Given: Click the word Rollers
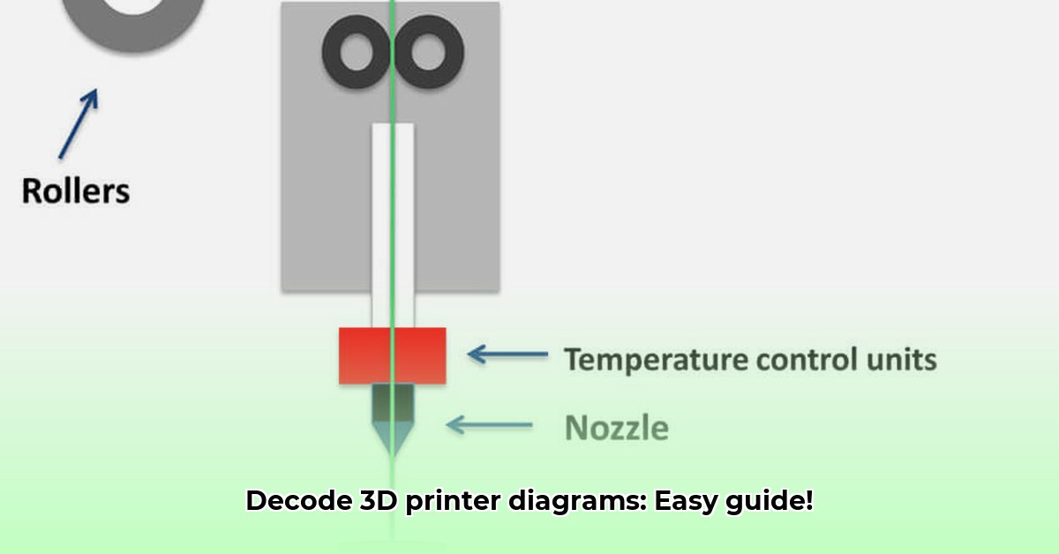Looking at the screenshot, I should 76,191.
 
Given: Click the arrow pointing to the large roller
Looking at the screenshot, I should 79,124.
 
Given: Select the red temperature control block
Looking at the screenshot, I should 392,355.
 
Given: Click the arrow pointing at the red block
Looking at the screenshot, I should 507,355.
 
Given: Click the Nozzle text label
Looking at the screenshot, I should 616,428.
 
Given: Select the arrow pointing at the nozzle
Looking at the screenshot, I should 490,425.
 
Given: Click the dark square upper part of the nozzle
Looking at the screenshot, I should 393,401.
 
